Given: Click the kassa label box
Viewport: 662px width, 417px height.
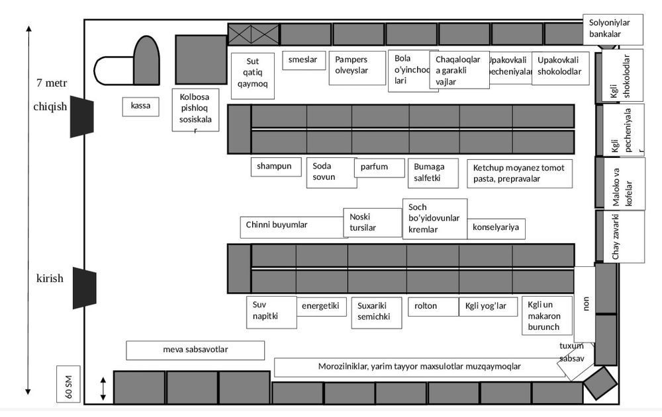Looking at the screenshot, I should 140,106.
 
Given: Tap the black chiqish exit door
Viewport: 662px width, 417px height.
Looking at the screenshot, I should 82,116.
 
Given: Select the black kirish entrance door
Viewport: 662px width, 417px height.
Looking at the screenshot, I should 84,287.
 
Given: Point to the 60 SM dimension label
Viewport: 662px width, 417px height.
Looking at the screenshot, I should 68,384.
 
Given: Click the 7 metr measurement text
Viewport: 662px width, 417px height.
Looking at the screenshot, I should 52,83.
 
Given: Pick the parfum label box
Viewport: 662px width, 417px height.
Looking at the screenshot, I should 379,167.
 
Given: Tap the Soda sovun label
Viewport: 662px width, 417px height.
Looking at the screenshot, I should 331,172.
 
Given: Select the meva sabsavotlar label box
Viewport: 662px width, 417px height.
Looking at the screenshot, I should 195,350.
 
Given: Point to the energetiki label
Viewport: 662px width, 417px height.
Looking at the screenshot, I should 321,306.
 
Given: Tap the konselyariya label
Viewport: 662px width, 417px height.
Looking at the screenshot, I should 496,228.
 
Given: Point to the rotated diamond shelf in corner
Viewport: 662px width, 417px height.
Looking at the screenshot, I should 600,383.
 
